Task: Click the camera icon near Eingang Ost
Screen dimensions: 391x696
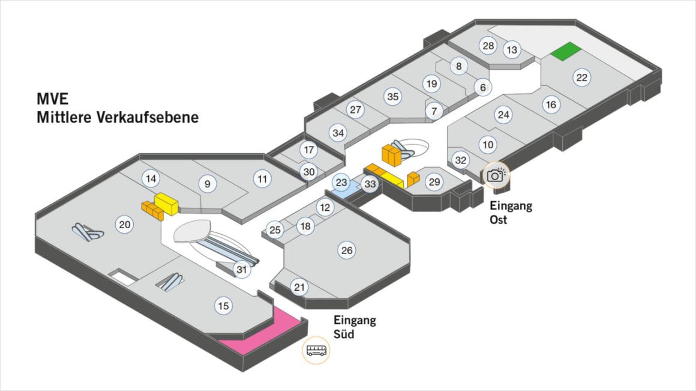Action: [495, 175]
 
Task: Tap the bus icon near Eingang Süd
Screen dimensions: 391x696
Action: [316, 350]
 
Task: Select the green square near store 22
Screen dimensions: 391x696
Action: [566, 52]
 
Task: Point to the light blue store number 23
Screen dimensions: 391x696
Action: [341, 183]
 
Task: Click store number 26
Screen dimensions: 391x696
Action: [347, 250]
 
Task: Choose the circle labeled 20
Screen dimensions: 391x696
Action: [125, 225]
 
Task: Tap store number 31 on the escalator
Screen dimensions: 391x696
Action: [242, 270]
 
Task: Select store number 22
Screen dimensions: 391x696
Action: [581, 77]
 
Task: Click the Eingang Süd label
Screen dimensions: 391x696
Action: [354, 326]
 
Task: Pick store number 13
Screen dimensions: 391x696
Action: [512, 50]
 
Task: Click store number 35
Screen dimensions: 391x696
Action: [392, 96]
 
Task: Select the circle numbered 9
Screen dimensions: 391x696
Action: [208, 184]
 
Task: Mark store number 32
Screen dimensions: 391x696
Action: [461, 160]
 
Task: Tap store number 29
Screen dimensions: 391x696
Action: [434, 181]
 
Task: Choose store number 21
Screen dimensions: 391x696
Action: [299, 288]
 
